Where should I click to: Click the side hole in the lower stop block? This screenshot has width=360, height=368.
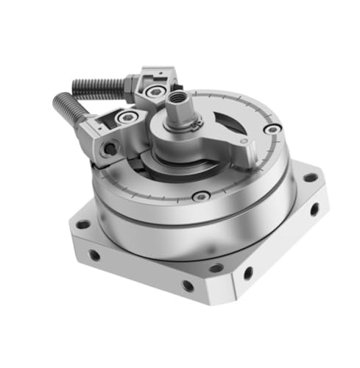(110, 149)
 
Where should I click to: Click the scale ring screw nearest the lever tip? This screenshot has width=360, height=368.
(273, 130)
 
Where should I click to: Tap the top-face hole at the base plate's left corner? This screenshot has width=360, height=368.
(83, 224)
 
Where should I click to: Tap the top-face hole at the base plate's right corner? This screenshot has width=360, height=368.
(311, 177)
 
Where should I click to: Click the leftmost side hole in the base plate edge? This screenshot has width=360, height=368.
(94, 255)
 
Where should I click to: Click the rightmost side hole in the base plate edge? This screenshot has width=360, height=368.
(315, 210)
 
